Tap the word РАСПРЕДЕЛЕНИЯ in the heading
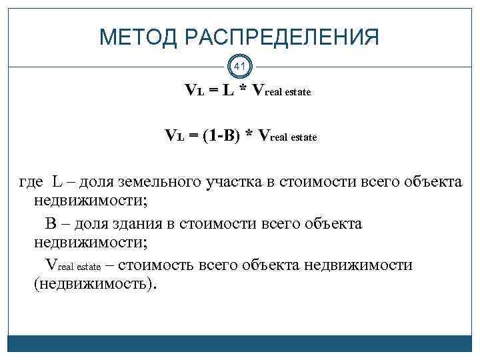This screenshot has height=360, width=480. click(x=284, y=37)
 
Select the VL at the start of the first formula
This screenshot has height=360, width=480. click(x=195, y=91)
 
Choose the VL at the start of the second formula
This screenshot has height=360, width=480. click(x=174, y=137)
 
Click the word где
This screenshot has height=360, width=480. click(x=31, y=181)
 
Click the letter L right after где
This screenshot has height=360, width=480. click(x=58, y=181)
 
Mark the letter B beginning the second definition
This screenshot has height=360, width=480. click(x=49, y=223)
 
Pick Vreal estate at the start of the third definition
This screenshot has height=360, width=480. click(x=72, y=265)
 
